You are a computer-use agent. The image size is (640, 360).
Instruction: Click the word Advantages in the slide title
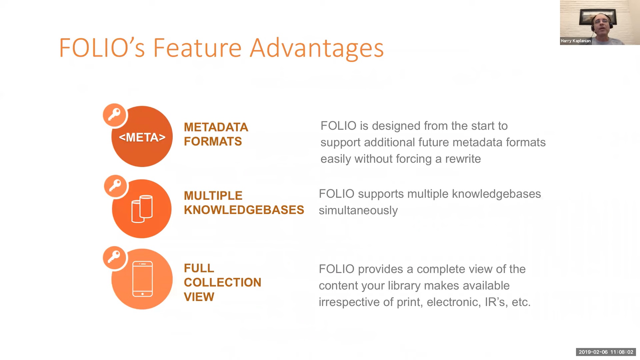(317, 48)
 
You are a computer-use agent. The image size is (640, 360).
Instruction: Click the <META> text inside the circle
(142, 137)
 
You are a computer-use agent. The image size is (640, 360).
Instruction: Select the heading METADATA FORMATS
(216, 134)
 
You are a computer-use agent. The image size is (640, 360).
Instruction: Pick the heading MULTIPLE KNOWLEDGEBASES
(244, 203)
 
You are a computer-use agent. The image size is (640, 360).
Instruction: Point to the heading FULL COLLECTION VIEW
(222, 282)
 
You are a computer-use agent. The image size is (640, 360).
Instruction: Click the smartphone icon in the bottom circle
(143, 279)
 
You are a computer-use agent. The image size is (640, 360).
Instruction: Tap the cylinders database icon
(142, 209)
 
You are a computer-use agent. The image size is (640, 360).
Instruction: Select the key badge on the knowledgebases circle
(115, 186)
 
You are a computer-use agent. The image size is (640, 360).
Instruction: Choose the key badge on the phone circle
(114, 257)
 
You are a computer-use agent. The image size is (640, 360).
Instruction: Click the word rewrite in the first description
(463, 159)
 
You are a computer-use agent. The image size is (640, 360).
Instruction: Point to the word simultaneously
(358, 211)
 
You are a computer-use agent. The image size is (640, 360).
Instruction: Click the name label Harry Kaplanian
(576, 41)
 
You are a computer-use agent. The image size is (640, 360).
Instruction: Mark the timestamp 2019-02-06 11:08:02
(606, 352)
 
